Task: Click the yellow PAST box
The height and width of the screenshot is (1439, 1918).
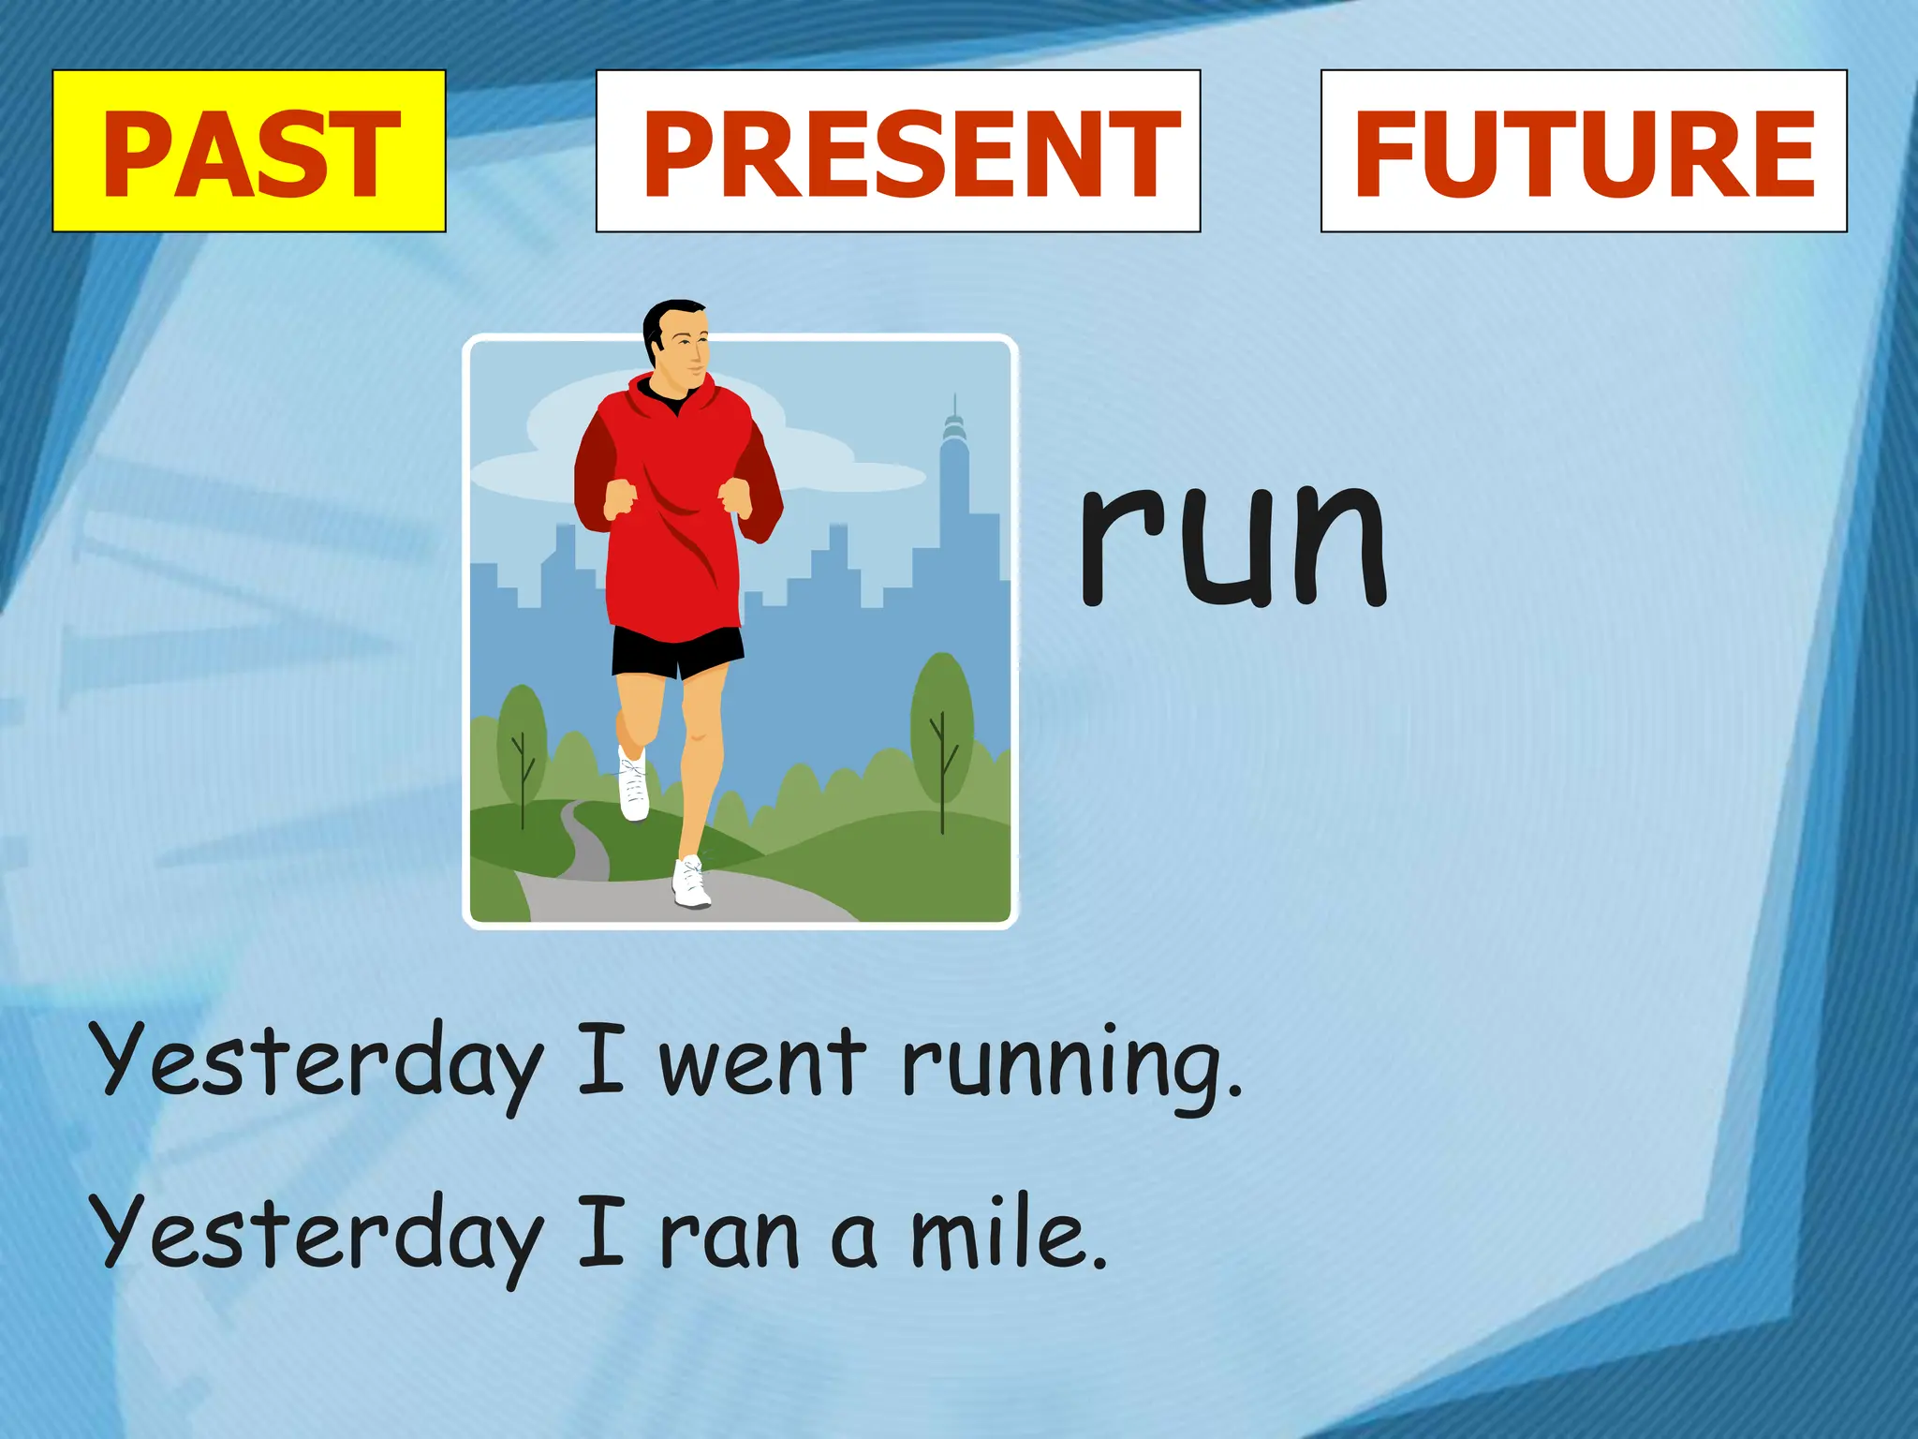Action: coord(248,151)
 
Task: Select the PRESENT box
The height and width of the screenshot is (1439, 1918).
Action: coord(898,151)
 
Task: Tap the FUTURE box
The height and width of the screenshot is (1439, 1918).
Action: coord(1584,151)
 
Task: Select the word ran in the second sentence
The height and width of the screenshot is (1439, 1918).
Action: coord(730,1237)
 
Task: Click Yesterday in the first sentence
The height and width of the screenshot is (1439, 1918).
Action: coord(318,1063)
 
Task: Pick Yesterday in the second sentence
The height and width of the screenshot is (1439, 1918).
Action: coord(318,1237)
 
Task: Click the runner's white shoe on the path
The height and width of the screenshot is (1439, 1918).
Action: coord(691,883)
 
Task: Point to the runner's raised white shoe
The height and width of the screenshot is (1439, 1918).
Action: coord(634,785)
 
